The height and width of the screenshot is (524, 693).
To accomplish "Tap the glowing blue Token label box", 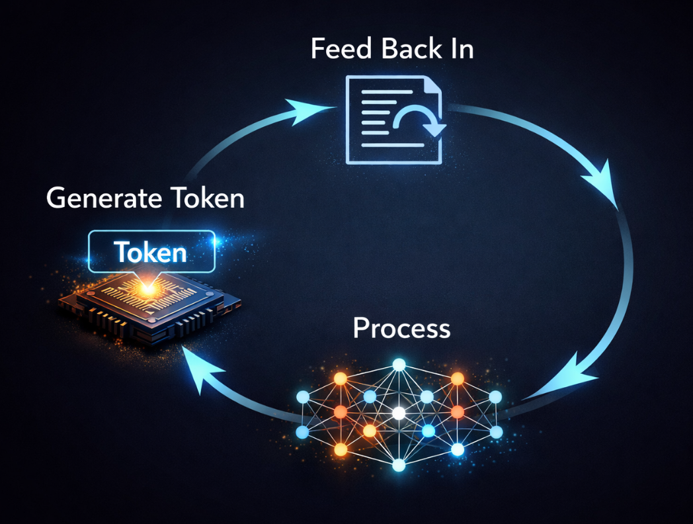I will [151, 251].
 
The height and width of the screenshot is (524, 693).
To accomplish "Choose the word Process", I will [401, 328].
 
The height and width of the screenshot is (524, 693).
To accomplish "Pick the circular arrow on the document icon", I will [419, 121].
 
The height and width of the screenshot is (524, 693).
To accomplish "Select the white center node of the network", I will [398, 413].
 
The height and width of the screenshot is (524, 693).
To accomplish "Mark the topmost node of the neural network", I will [398, 364].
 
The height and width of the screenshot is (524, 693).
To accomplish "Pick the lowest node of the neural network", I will [398, 466].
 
